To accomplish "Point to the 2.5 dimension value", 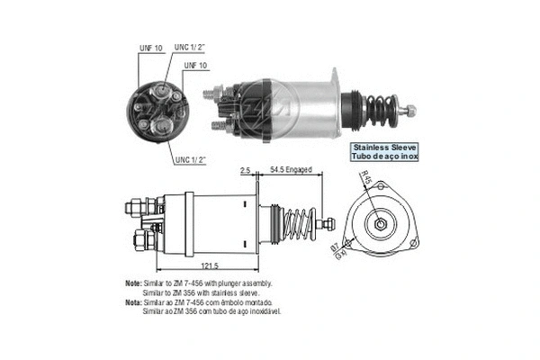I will pos(246,168).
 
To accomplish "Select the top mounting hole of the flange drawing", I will pos(380,186).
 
